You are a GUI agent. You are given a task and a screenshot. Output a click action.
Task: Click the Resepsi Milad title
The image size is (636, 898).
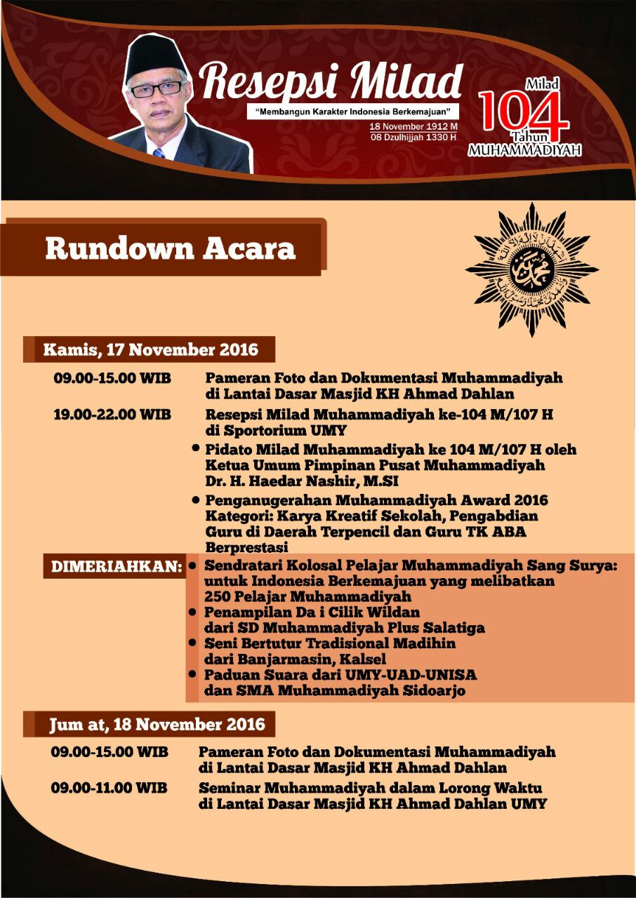click(331, 81)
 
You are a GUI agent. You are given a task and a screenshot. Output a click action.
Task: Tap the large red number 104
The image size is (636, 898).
click(524, 115)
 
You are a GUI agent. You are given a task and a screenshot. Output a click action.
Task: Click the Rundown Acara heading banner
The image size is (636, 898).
click(170, 249)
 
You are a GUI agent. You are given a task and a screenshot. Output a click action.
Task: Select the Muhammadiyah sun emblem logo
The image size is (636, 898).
click(531, 269)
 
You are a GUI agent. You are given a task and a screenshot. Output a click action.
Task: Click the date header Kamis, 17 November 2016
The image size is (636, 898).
click(150, 349)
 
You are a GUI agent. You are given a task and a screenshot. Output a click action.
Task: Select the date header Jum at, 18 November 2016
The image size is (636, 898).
click(157, 723)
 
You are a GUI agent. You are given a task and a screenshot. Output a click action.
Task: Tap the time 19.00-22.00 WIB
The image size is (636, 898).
click(112, 414)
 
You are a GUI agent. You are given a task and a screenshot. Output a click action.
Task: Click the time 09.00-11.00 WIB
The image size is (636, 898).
click(109, 787)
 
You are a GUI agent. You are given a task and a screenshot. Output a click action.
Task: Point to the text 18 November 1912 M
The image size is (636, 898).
click(414, 126)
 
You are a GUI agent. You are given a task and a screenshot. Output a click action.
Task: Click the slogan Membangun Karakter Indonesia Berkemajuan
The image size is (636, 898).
click(353, 112)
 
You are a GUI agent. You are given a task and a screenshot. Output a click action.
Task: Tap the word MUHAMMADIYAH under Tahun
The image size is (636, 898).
click(524, 150)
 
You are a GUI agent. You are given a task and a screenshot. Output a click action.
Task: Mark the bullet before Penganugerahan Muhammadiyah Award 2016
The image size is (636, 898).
click(197, 500)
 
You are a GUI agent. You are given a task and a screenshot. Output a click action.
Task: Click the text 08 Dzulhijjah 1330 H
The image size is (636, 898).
click(413, 137)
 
